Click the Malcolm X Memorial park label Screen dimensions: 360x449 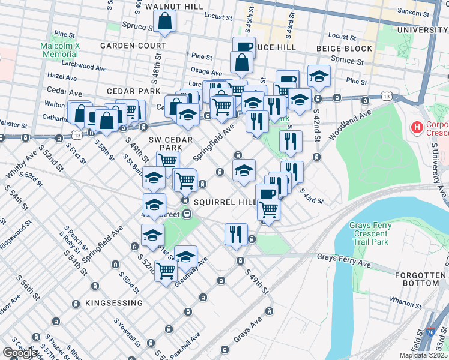[60, 50]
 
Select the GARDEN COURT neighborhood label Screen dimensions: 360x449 [133, 46]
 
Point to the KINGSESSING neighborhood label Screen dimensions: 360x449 [114, 303]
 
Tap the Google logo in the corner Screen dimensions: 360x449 [20, 353]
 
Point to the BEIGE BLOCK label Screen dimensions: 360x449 [342, 48]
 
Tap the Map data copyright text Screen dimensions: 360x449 [423, 355]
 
